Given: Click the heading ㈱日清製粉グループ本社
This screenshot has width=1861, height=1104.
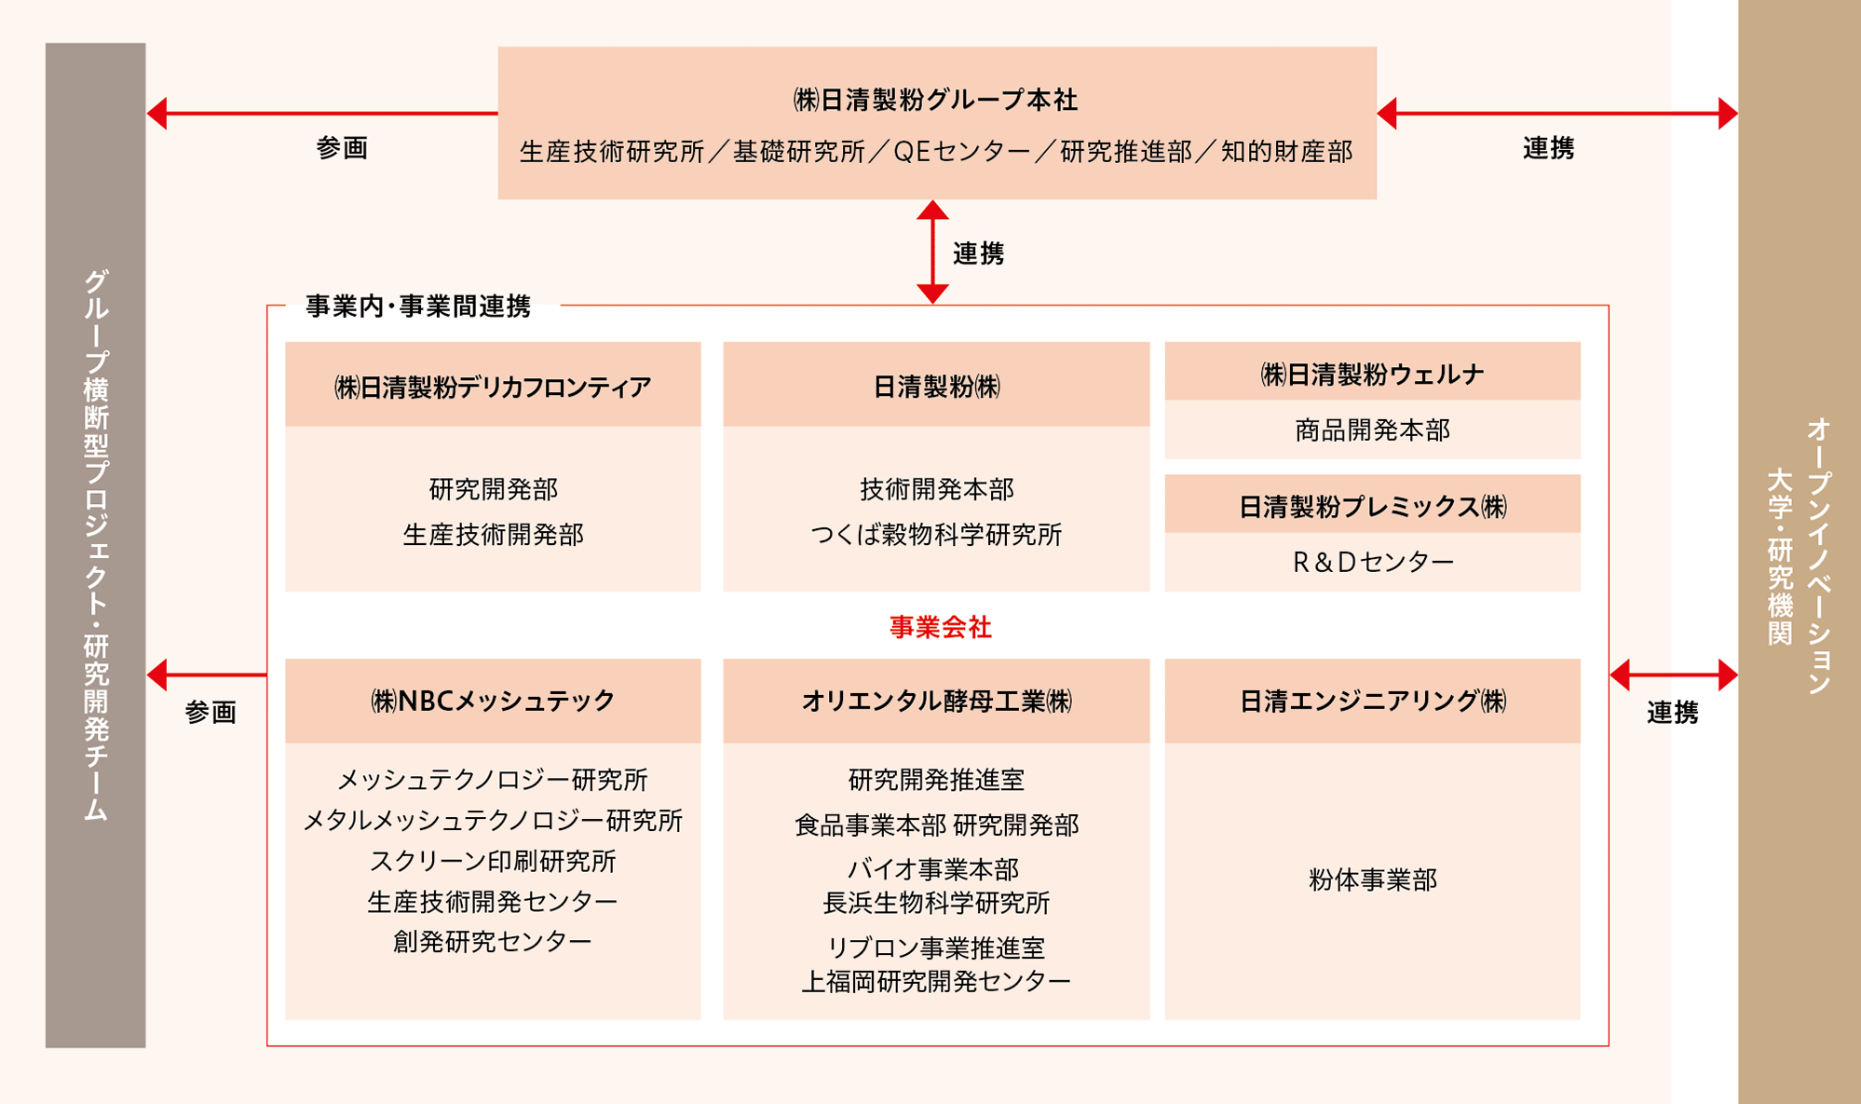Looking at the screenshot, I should point(935,100).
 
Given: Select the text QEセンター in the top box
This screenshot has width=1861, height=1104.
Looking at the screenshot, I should point(961,152).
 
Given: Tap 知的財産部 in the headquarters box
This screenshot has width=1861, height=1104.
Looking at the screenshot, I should point(1286,152).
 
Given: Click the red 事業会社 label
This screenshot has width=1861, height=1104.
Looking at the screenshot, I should point(940,628).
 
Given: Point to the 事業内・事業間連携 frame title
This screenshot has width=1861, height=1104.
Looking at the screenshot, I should point(418,307).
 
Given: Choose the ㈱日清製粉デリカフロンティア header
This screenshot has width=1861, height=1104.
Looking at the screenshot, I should point(493,387).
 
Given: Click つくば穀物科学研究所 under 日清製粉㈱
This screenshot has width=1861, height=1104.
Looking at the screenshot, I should point(936,535).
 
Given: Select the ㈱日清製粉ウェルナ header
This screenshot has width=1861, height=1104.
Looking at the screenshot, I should point(1372,374).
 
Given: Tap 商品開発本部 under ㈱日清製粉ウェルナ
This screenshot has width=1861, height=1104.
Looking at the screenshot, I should point(1372,430).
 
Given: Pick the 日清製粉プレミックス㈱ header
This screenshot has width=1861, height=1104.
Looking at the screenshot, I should point(1372,507).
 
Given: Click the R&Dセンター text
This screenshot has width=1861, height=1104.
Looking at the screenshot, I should point(1372,562).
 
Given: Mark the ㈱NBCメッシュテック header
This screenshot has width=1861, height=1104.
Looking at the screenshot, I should point(493,701).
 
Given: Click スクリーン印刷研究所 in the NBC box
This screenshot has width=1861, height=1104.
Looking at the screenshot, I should point(493,861).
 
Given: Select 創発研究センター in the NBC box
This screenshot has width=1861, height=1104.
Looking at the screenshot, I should point(493,942).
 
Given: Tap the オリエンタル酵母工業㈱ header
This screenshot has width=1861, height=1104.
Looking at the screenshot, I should point(936,701).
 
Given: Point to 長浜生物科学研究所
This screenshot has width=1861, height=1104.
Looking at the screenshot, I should point(936,903).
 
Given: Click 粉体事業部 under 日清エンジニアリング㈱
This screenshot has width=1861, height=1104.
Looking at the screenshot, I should point(1372,879).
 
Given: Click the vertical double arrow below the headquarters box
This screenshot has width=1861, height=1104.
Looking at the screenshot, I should point(932,252).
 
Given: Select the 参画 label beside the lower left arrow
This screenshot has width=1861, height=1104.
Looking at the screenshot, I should point(211,713).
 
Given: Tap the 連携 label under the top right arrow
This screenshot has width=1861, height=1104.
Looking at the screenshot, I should point(1548,148).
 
